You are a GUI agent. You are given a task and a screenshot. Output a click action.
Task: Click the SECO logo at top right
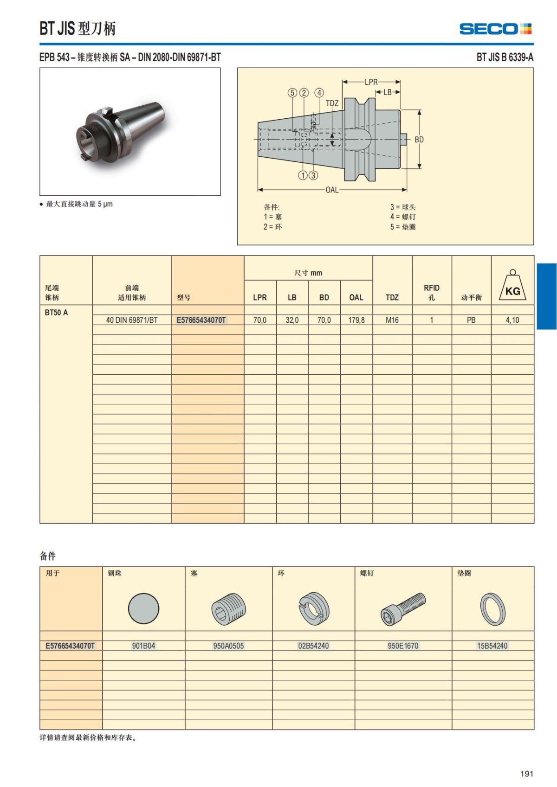pos(495,29)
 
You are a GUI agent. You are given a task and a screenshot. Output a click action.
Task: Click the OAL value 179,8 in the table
pos(356,320)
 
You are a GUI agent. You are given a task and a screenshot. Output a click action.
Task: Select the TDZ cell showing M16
pos(392,320)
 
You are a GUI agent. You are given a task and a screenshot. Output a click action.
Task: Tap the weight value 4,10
pos(512,320)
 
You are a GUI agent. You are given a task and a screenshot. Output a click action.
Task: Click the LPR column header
pos(260,297)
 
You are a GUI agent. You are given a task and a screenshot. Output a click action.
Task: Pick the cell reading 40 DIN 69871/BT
pos(132,320)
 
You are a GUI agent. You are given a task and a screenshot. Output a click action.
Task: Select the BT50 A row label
pos(56,313)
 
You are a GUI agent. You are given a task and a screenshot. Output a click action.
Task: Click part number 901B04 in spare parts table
pos(143,646)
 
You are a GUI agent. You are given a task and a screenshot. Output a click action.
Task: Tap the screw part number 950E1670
pos(403,646)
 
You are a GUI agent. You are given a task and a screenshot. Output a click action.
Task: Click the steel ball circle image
pos(143,608)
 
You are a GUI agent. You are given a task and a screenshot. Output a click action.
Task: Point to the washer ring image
pos(492,608)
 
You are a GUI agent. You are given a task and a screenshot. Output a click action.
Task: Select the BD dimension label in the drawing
pos(419,140)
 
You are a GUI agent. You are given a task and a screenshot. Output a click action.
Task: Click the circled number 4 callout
pos(319,93)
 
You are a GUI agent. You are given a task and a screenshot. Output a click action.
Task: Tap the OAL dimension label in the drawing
pos(332,190)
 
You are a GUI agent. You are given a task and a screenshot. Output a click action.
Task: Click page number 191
pos(526,774)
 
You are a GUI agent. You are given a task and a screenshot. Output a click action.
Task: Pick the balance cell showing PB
pos(471,320)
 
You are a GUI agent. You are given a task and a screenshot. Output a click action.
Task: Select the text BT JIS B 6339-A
pos(505,58)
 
